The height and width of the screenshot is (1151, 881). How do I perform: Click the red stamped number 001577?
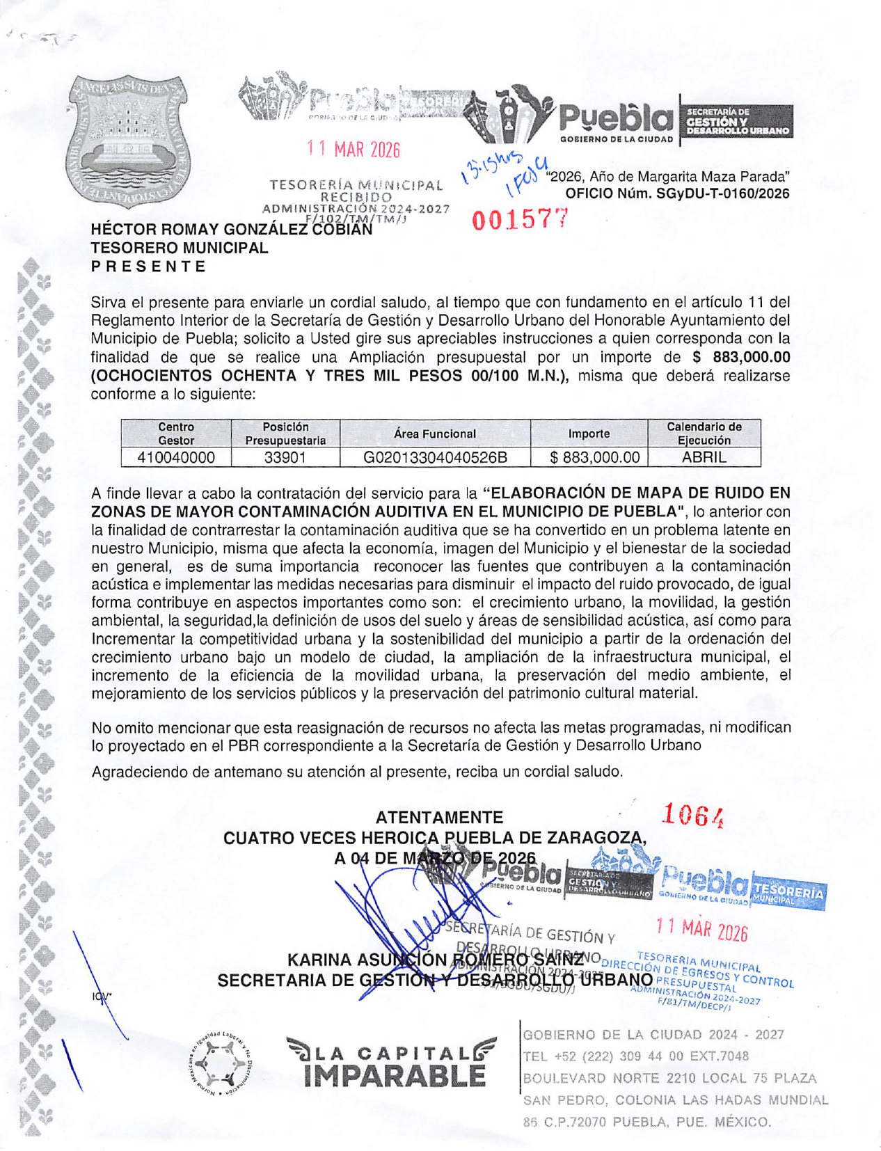pos(520,220)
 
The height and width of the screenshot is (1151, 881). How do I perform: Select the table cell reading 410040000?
pos(176,457)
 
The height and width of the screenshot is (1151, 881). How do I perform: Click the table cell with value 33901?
pos(285,457)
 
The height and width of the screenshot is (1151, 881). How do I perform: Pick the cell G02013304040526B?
pos(435,457)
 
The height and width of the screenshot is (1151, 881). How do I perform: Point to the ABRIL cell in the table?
pos(704,457)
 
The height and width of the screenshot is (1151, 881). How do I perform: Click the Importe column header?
pos(589,434)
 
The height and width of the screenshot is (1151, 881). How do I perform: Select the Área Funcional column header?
pos(435,434)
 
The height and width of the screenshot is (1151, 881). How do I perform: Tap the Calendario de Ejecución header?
pos(704,434)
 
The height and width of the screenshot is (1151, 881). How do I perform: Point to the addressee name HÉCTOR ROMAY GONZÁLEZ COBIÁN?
pos(232,230)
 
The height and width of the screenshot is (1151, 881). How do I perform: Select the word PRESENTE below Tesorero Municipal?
pos(149,267)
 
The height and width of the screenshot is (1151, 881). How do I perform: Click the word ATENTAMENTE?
pos(439,817)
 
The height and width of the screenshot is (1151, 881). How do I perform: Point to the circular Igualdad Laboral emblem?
pos(221,1062)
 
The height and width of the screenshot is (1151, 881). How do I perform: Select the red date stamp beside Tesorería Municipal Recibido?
pos(354,149)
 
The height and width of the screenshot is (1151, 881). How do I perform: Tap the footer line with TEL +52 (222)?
pos(635,1056)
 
